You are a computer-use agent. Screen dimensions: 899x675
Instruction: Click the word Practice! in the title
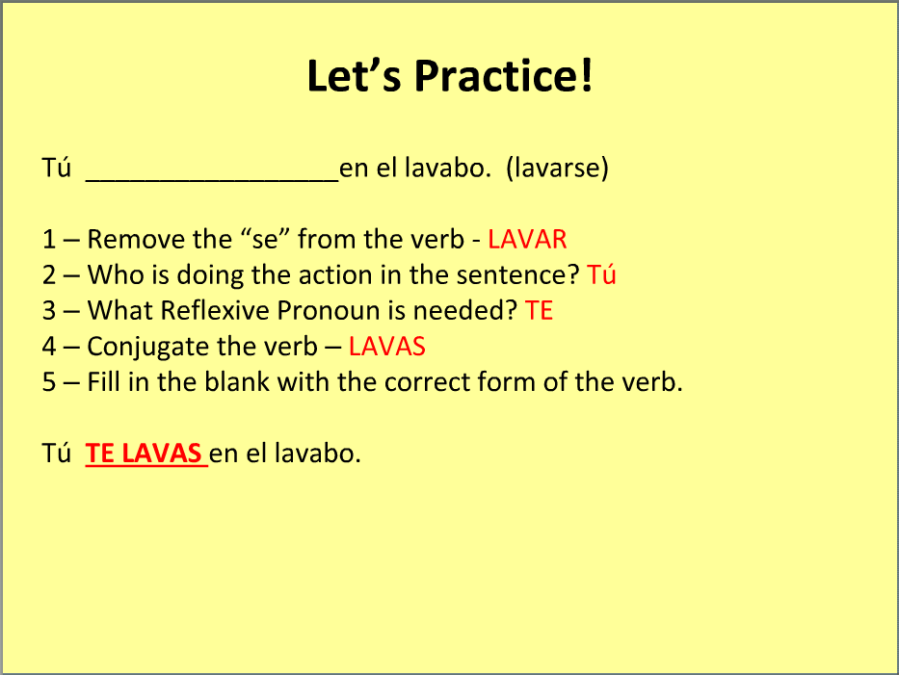click(503, 76)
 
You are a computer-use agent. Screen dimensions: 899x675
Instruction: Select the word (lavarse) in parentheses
click(557, 168)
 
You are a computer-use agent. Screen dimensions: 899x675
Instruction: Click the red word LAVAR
click(527, 240)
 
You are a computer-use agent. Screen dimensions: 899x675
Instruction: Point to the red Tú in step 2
click(601, 274)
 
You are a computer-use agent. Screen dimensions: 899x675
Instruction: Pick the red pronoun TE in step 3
click(539, 311)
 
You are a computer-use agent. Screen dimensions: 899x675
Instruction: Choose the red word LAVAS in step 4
click(387, 346)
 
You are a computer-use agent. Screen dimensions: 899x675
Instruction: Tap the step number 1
click(49, 240)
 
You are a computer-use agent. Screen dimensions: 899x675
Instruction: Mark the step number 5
click(49, 382)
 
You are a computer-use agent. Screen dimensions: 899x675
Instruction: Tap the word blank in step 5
click(237, 382)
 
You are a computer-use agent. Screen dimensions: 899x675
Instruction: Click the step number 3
click(49, 311)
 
